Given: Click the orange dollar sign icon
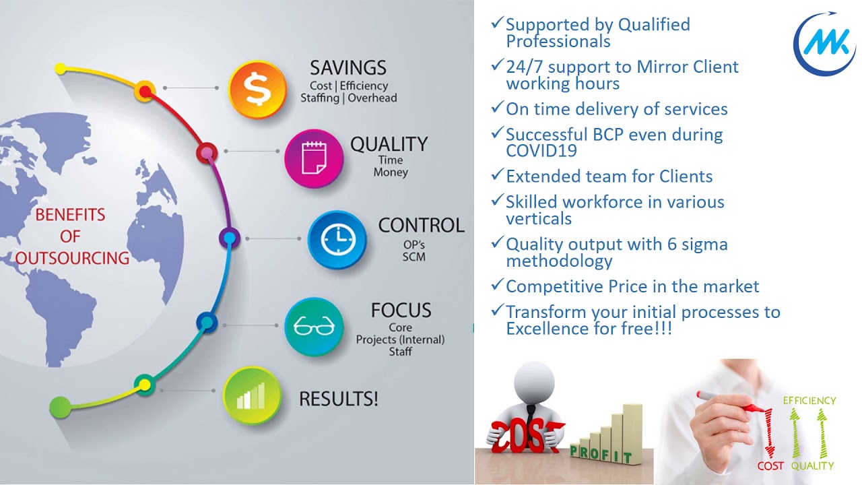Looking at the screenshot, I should pyautogui.click(x=257, y=89).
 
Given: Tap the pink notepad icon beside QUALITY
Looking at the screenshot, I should pyautogui.click(x=313, y=158).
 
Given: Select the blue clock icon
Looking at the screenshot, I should pyautogui.click(x=337, y=240).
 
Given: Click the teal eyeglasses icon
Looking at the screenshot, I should pyautogui.click(x=314, y=327).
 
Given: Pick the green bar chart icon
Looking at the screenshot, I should pyautogui.click(x=251, y=395).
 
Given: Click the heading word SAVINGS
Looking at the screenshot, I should pyautogui.click(x=348, y=68).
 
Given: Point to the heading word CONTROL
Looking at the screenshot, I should pyautogui.click(x=421, y=225).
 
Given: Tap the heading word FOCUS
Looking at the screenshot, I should pyautogui.click(x=401, y=311).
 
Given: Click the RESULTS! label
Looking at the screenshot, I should pyautogui.click(x=338, y=399).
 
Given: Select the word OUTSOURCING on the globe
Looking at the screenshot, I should pyautogui.click(x=73, y=258).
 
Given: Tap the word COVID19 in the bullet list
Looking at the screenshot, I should pyautogui.click(x=541, y=151).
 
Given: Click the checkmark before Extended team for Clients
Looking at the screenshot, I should pyautogui.click(x=497, y=175).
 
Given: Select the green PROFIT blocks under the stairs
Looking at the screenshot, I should pyautogui.click(x=601, y=453).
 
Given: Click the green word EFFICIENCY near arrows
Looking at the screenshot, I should pyautogui.click(x=809, y=401).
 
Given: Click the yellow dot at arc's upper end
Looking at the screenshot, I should pyautogui.click(x=60, y=69).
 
